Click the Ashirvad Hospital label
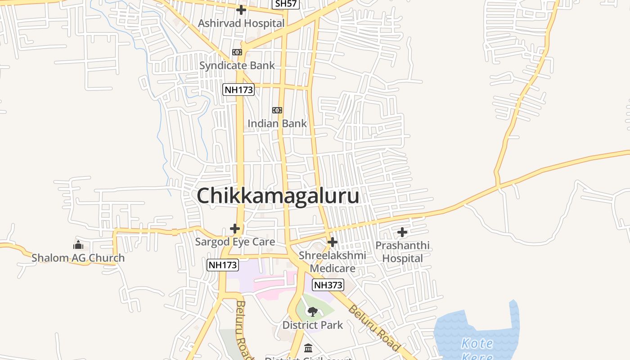point(241,23)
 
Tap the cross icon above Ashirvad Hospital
point(241,9)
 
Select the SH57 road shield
point(287,4)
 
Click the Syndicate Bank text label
point(237,65)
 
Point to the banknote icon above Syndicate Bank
point(237,52)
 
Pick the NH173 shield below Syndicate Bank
point(238,90)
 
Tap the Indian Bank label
point(277,123)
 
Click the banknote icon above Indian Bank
point(277,110)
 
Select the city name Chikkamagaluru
point(278,196)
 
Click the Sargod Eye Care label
point(235,242)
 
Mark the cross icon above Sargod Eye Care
point(235,229)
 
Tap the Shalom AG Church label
point(78,258)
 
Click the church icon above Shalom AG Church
point(78,245)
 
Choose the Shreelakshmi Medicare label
point(333,262)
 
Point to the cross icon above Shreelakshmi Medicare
point(333,243)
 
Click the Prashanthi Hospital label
point(402,252)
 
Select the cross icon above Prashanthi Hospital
point(402,232)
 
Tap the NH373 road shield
point(328,285)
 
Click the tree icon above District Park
point(313,311)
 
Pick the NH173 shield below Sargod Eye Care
point(222,265)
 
